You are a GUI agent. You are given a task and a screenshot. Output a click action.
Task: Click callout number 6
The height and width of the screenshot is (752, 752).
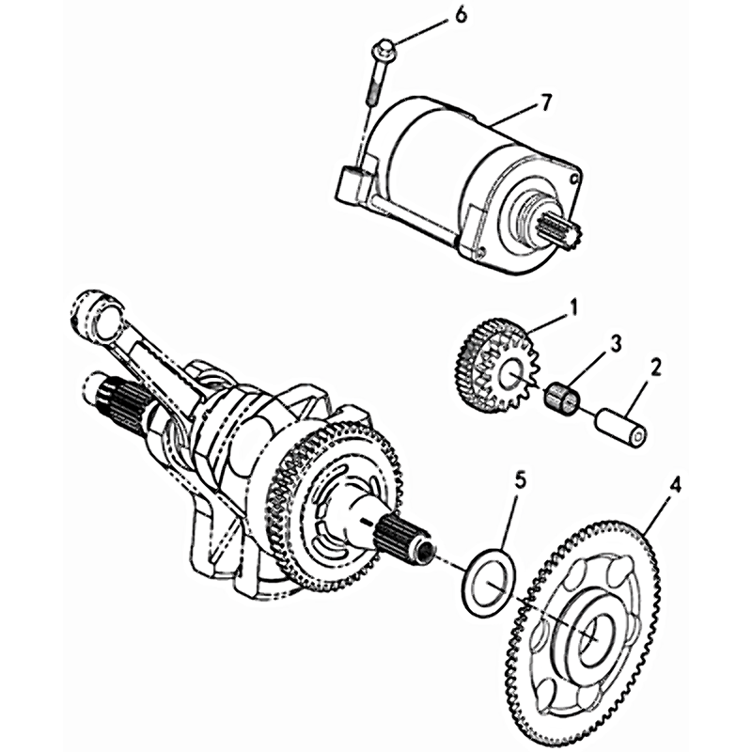(x=460, y=16)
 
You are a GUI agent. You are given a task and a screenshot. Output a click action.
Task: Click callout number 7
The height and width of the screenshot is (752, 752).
(x=545, y=102)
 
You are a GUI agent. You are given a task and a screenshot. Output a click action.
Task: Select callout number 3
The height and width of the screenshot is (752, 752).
(x=616, y=344)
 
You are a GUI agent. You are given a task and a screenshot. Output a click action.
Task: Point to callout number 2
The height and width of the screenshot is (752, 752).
(x=655, y=368)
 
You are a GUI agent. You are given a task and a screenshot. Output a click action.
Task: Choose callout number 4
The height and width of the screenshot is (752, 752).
(x=675, y=486)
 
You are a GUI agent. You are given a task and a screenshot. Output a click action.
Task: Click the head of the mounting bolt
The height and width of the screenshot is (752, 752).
(x=384, y=50)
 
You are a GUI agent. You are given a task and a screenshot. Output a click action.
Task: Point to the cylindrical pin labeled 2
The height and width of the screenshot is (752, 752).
(x=621, y=427)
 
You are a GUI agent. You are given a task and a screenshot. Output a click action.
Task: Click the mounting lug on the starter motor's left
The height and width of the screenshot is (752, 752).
(x=354, y=183)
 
